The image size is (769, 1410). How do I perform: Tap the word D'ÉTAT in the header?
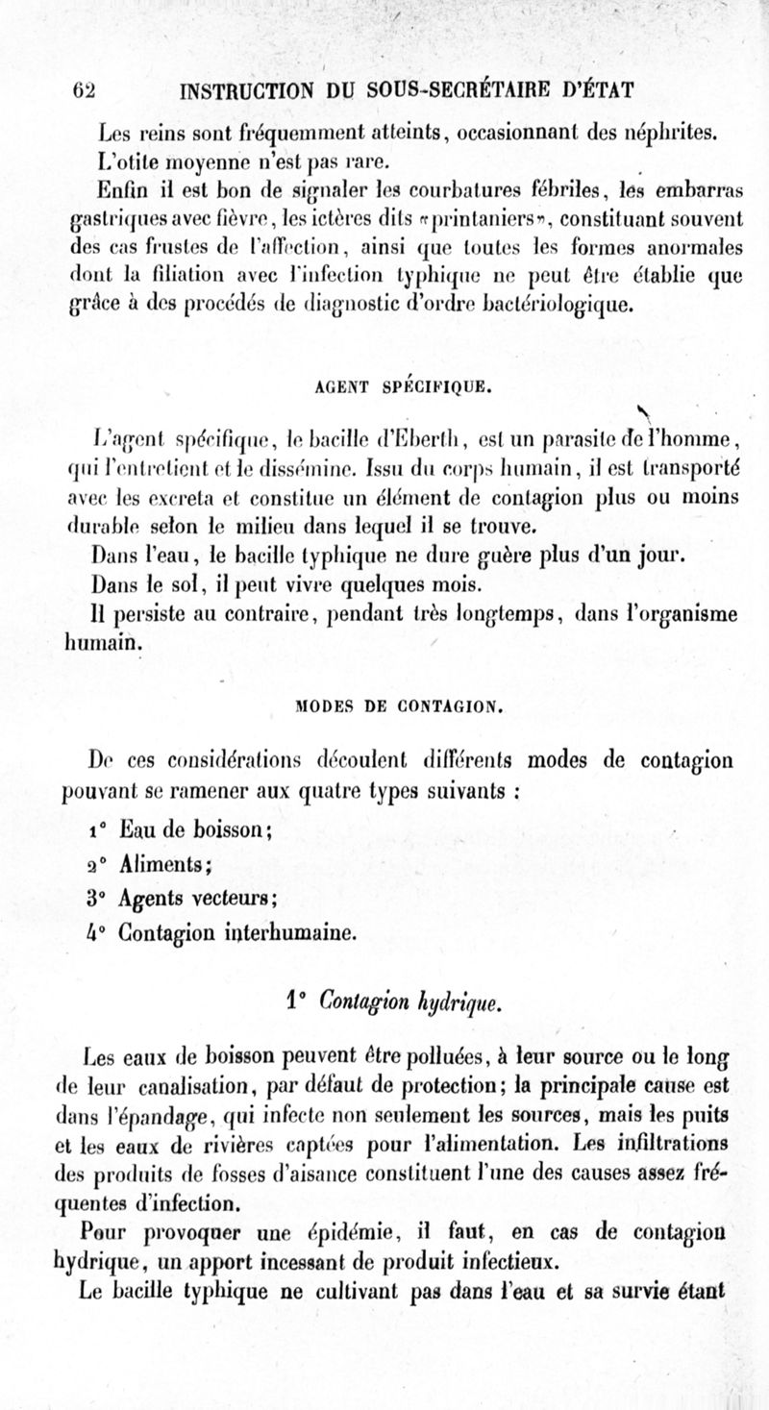point(596,94)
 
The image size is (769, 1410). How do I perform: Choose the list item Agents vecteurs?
point(198,900)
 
